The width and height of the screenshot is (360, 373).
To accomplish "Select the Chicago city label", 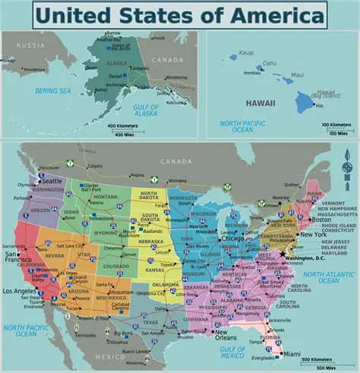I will tap(232, 239).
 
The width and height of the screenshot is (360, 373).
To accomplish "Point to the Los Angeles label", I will tap(20, 292).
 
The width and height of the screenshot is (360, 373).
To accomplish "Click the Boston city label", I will tap(323, 220).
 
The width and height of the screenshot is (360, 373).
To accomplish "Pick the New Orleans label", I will tap(228, 334).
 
